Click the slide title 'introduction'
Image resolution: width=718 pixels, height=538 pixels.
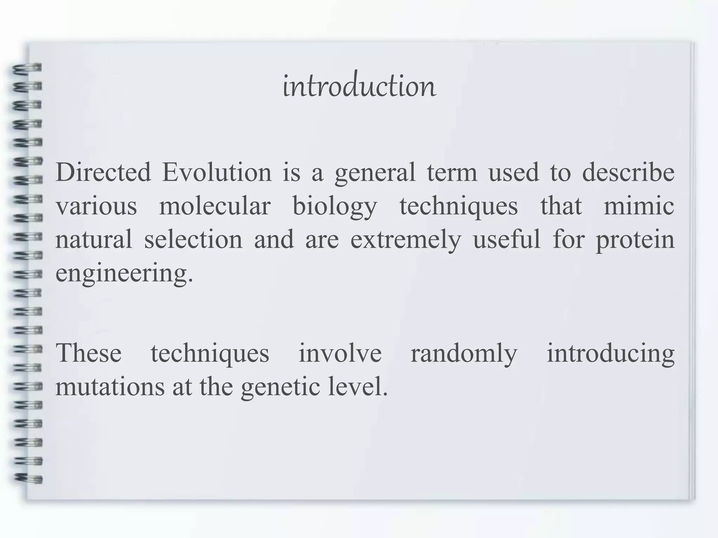(359, 86)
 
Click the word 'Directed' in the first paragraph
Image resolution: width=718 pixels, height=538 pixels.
(103, 172)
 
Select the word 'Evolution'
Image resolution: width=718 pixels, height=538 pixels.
(217, 172)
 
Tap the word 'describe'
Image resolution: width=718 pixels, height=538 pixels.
(628, 172)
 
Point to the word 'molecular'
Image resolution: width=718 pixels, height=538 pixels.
(215, 206)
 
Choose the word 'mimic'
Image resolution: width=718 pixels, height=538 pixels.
(639, 206)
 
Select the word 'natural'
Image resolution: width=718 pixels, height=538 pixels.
(94, 240)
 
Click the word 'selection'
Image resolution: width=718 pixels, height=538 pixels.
(193, 240)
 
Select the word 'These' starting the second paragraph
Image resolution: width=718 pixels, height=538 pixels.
(89, 353)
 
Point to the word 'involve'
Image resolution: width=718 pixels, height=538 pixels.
(340, 353)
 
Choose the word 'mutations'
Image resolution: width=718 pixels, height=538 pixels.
(110, 387)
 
